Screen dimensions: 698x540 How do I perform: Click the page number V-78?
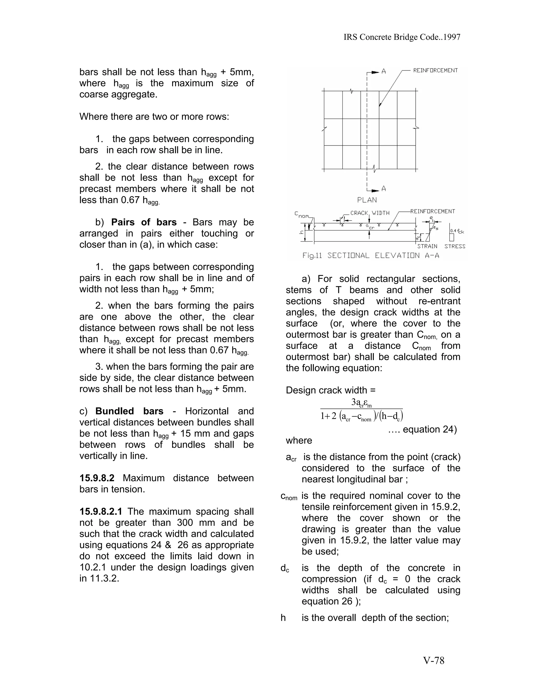434,660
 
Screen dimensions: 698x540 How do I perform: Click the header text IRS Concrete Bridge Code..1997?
402,37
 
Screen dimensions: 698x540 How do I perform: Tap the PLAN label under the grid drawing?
367,200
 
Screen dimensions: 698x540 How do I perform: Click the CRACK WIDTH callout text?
370,213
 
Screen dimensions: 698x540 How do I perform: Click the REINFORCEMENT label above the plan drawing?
435,70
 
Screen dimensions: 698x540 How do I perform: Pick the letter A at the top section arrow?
384,72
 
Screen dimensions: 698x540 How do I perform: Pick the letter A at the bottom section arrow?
384,189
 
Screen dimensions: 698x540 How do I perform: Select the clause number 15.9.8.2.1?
101,511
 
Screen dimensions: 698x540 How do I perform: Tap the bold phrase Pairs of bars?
144,222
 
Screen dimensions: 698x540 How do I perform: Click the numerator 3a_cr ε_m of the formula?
361,403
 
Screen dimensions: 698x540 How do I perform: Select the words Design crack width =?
331,390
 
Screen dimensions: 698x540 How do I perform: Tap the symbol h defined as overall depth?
283,618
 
